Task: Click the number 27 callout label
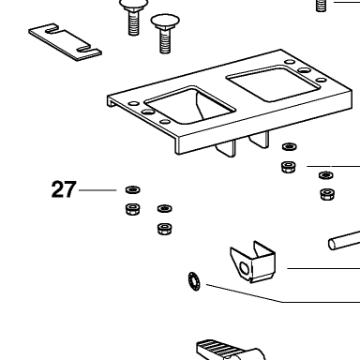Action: coord(64,189)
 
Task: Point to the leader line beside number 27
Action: coord(97,190)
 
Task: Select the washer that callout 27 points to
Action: coord(133,189)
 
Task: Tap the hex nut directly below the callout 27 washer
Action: coord(133,209)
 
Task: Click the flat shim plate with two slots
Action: coord(65,42)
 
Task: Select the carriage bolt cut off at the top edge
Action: coord(133,17)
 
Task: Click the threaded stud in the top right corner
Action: coord(321,6)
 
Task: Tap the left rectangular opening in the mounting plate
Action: coord(189,106)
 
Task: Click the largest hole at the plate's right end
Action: coord(304,70)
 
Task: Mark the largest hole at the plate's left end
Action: coord(148,112)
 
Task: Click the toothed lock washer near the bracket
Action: coord(194,281)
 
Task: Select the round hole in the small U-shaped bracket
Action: coord(244,268)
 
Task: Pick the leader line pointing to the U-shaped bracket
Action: coord(323,268)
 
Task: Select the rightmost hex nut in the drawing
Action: coord(327,194)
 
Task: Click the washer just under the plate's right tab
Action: coord(290,146)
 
